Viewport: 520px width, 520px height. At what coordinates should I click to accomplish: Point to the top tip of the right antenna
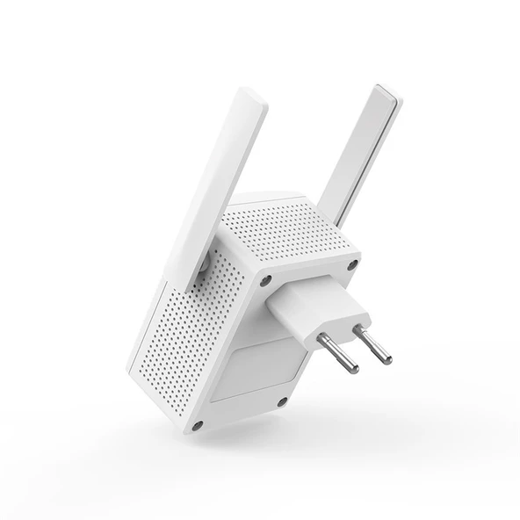[x=387, y=90]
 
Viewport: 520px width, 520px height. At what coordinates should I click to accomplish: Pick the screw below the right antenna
[x=352, y=264]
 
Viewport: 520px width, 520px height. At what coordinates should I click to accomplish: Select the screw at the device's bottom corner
[x=197, y=425]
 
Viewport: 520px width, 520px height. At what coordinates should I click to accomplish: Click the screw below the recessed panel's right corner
[x=282, y=401]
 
